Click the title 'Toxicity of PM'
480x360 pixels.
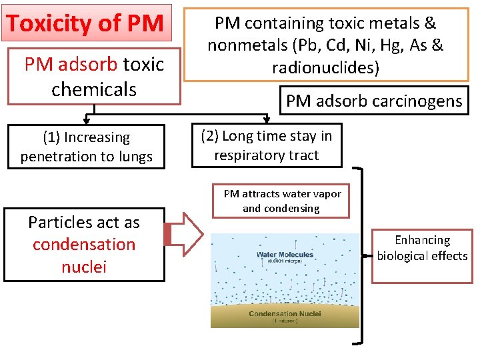(85, 23)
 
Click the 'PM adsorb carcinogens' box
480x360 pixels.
(373, 101)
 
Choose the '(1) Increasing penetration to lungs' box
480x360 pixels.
(86, 147)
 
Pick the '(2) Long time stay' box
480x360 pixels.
(267, 146)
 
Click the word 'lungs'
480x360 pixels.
(135, 157)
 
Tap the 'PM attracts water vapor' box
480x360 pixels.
(282, 201)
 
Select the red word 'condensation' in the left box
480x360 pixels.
(84, 245)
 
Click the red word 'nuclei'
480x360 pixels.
(84, 267)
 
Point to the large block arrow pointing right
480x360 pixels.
(184, 234)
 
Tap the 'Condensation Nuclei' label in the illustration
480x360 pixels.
(285, 313)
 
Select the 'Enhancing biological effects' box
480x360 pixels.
(422, 247)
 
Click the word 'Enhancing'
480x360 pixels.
(422, 240)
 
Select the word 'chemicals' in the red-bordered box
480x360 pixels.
(93, 89)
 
